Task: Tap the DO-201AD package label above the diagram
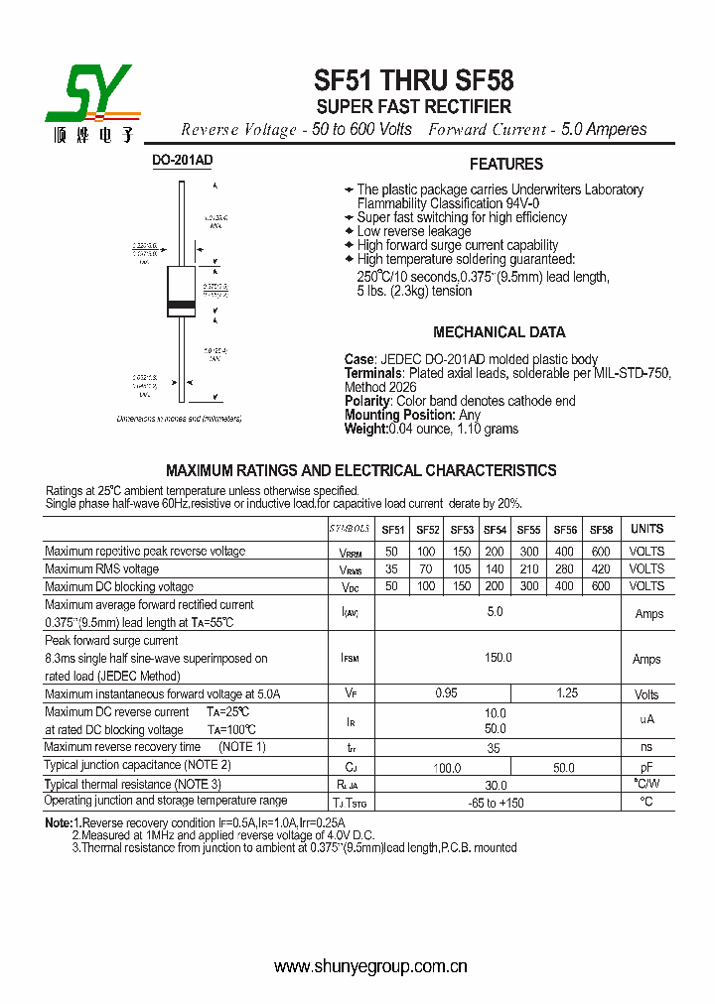(x=182, y=161)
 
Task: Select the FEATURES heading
(x=505, y=165)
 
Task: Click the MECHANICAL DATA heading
(x=499, y=332)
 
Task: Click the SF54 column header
(x=495, y=530)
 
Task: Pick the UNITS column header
(x=646, y=529)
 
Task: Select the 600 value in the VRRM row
(x=600, y=552)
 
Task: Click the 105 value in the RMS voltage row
(x=461, y=569)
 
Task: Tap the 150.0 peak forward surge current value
(x=498, y=658)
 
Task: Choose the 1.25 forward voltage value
(x=566, y=693)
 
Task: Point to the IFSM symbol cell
(x=350, y=658)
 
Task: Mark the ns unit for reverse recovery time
(x=646, y=747)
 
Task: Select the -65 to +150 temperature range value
(x=496, y=803)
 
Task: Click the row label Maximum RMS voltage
(x=101, y=569)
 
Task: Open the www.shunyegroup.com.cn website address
(x=370, y=966)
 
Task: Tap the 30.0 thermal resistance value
(x=496, y=784)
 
